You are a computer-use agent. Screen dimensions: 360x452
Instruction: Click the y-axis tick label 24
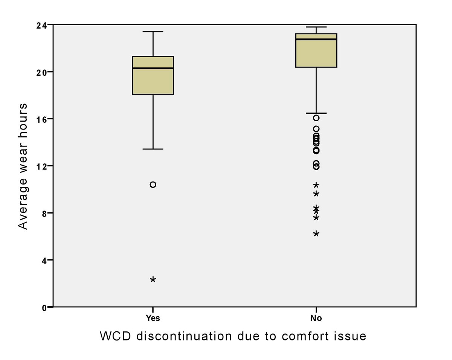(x=42, y=25)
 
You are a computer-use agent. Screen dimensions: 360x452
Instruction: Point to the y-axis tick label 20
(x=42, y=72)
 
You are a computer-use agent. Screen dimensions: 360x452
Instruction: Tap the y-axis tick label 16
(x=42, y=119)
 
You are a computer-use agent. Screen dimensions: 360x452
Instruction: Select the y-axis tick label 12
(x=42, y=166)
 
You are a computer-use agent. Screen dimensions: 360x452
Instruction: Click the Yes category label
(x=153, y=319)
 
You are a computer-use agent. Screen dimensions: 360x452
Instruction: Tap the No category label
(x=316, y=319)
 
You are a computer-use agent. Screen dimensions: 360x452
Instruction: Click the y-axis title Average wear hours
(x=23, y=166)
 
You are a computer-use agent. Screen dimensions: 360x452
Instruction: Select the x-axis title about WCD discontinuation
(x=233, y=336)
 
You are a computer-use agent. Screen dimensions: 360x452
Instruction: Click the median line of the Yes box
(x=153, y=69)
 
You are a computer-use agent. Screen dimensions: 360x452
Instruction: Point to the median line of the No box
(x=316, y=39)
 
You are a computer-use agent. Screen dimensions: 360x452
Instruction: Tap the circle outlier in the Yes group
(x=153, y=185)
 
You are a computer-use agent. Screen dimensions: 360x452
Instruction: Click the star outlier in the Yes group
(x=153, y=279)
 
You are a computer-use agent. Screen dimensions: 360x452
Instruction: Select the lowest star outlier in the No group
(x=316, y=234)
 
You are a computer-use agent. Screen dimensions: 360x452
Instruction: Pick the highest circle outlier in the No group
(x=316, y=118)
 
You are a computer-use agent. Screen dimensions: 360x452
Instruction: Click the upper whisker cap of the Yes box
(x=153, y=32)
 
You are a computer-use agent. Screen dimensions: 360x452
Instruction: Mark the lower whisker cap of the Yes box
(x=153, y=149)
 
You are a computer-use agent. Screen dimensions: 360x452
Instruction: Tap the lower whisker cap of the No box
(x=316, y=113)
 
